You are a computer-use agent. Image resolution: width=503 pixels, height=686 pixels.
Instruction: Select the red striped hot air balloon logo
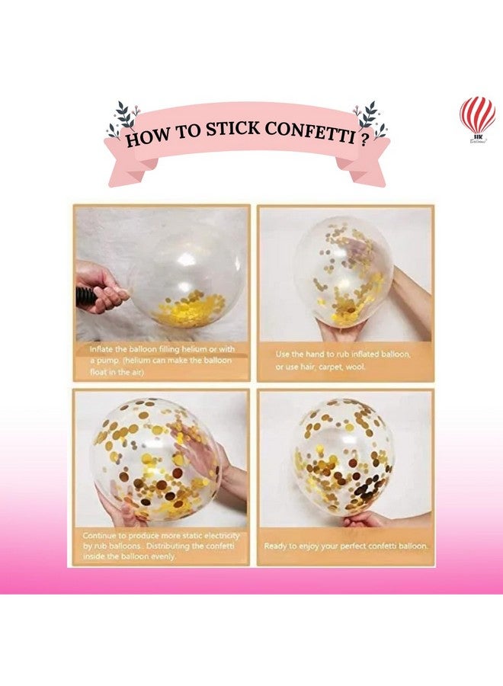point(477,115)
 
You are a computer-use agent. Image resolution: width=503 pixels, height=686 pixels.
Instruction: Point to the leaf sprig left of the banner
point(122,119)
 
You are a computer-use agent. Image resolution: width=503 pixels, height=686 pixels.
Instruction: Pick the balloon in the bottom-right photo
point(344,457)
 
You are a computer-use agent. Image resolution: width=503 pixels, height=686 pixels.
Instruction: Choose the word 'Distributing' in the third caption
point(173,547)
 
